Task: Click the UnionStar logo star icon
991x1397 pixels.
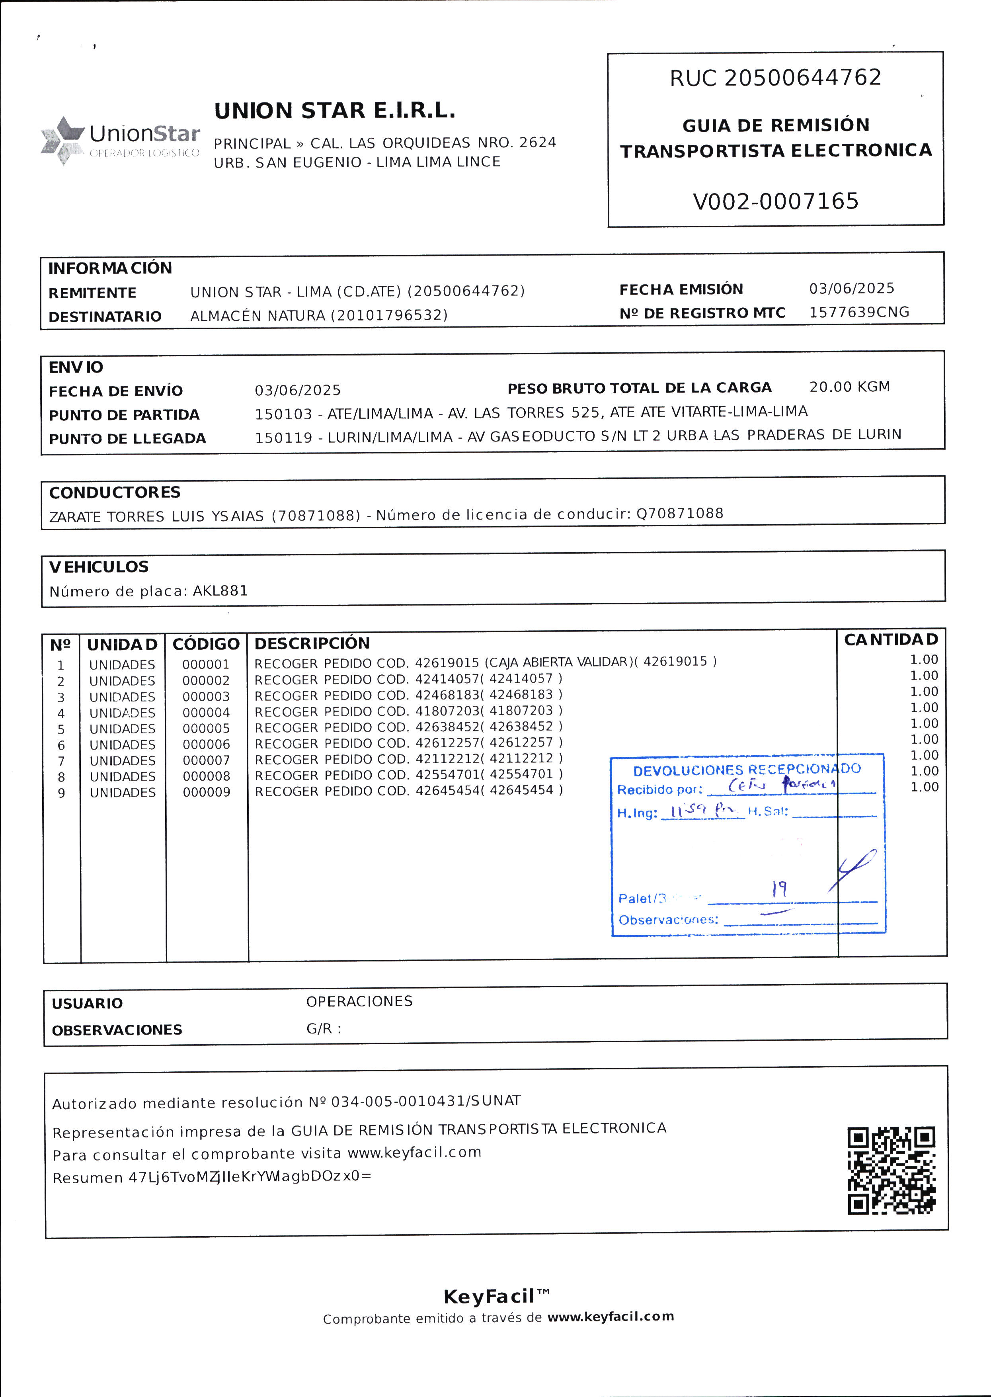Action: coord(62,140)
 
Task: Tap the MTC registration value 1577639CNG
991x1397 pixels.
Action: coord(858,313)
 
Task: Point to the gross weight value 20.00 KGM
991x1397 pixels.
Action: coord(849,387)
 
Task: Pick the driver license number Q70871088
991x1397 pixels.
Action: coord(680,513)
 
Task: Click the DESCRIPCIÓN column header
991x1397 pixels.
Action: coord(312,643)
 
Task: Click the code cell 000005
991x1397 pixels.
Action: coord(206,729)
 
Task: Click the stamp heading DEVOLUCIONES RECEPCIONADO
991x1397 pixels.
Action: coord(746,770)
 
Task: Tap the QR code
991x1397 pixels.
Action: coord(891,1170)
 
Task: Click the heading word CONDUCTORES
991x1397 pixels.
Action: coord(115,492)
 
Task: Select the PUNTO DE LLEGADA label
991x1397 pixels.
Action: coord(127,439)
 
